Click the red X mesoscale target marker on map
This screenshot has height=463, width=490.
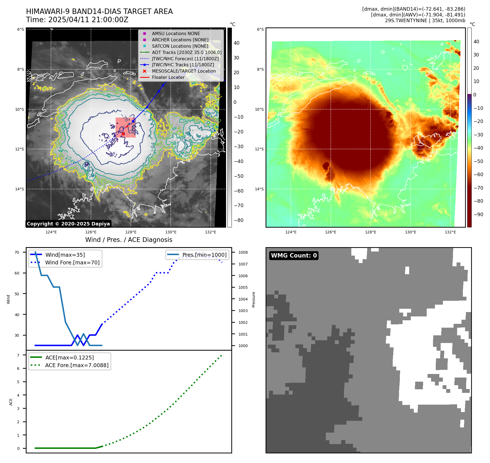click(123, 134)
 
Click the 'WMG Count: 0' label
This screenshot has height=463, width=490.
click(294, 256)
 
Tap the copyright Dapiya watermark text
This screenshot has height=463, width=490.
click(68, 224)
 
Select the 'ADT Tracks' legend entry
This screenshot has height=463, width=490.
click(187, 52)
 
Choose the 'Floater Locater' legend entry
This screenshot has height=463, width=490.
click(168, 78)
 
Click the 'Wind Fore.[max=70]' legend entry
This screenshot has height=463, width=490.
click(72, 262)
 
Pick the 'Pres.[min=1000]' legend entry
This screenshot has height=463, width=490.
click(204, 255)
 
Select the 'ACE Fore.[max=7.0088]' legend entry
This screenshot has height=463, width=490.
click(77, 365)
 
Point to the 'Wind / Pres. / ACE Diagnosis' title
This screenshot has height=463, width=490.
click(129, 240)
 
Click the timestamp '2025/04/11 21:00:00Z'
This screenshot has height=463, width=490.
click(88, 20)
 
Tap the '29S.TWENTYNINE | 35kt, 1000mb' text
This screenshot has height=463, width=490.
click(425, 21)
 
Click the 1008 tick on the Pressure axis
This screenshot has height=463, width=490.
click(243, 252)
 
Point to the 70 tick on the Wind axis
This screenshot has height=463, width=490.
click(17, 252)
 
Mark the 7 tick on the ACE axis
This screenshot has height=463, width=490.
click(18, 355)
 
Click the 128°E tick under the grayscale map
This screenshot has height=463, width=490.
click(131, 232)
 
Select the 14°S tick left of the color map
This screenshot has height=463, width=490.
click(259, 189)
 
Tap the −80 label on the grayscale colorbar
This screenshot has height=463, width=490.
click(239, 220)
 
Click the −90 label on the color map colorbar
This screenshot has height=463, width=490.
click(478, 215)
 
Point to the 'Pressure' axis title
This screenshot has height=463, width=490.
click(254, 299)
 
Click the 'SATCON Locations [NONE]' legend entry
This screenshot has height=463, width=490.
click(180, 46)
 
